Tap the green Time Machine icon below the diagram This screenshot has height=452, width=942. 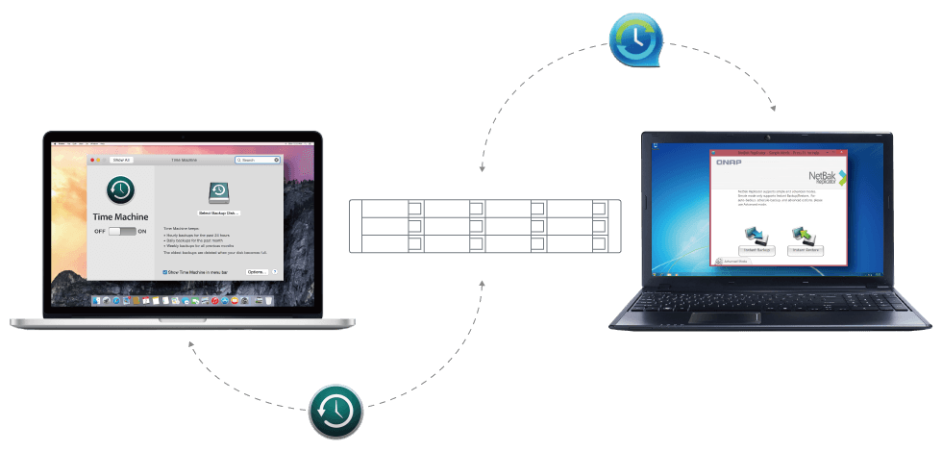click(335, 413)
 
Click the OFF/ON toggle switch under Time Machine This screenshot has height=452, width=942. click(121, 232)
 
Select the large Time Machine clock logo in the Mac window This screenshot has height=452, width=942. click(121, 189)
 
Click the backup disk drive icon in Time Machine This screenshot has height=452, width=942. click(217, 191)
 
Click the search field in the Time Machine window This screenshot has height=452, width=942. click(260, 160)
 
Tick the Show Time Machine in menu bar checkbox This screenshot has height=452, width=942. click(165, 272)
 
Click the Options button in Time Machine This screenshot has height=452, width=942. click(256, 272)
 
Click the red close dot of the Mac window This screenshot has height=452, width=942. click(92, 160)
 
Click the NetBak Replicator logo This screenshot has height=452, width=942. click(825, 178)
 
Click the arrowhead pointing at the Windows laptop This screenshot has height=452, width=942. click(772, 109)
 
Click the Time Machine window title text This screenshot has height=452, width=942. click(183, 160)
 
